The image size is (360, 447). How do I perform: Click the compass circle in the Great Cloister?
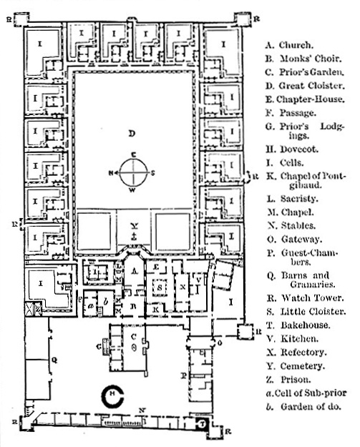[x=132, y=172]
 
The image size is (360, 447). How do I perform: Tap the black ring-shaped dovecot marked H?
[x=112, y=396]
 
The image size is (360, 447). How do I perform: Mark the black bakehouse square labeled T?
[x=203, y=424]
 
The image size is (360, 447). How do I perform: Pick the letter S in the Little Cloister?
[x=161, y=287]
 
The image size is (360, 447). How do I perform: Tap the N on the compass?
[x=110, y=172]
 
